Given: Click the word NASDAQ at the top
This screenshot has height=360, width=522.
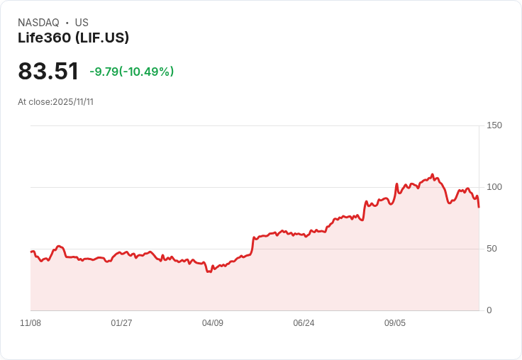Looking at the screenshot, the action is [38, 23].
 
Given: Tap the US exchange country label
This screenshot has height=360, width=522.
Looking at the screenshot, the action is [82, 23].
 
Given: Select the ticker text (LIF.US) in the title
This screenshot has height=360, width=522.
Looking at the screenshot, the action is [102, 38].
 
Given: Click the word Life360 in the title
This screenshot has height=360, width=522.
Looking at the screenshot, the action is [44, 38].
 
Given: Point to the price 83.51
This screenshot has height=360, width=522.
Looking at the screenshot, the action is [48, 71].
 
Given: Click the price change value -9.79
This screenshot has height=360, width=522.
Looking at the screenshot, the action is [104, 72].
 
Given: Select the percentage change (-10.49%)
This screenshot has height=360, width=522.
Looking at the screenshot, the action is [146, 72].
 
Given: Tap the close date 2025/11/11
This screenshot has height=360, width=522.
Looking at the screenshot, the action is [73, 102].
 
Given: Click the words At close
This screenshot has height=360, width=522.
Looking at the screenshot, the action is [34, 102].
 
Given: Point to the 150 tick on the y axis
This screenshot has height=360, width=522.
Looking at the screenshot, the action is [494, 125].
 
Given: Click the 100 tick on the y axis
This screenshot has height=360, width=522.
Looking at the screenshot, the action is [494, 187].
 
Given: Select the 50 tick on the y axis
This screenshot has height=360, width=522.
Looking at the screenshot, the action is [492, 249].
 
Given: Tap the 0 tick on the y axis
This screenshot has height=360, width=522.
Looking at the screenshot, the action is [489, 310].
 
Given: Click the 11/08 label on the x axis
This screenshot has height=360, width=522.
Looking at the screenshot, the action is [30, 323].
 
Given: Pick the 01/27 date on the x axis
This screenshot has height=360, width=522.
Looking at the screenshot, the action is [121, 323].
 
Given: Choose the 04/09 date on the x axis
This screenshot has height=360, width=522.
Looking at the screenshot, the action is [213, 323].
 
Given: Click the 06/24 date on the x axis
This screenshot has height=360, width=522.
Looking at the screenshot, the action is [304, 323].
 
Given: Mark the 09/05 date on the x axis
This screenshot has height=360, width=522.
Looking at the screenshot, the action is [395, 323].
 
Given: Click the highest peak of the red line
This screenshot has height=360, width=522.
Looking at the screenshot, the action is [433, 174].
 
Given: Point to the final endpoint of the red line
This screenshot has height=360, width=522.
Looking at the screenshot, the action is [479, 207].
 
